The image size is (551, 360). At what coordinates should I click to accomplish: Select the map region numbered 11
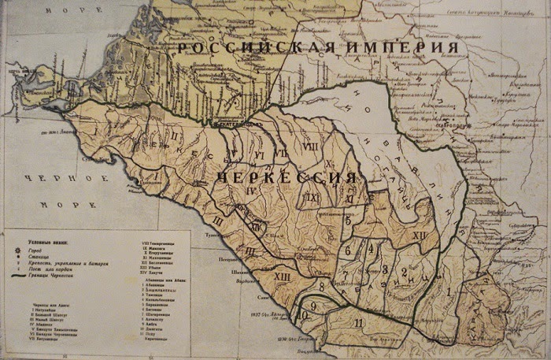point(359,322)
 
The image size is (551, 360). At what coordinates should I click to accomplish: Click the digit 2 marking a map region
point(403,273)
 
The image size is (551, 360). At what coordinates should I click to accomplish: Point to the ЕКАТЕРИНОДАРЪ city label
point(236,124)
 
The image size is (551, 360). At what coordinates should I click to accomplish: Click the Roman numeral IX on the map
point(312,198)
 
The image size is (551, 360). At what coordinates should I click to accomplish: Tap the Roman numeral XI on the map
point(347,200)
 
